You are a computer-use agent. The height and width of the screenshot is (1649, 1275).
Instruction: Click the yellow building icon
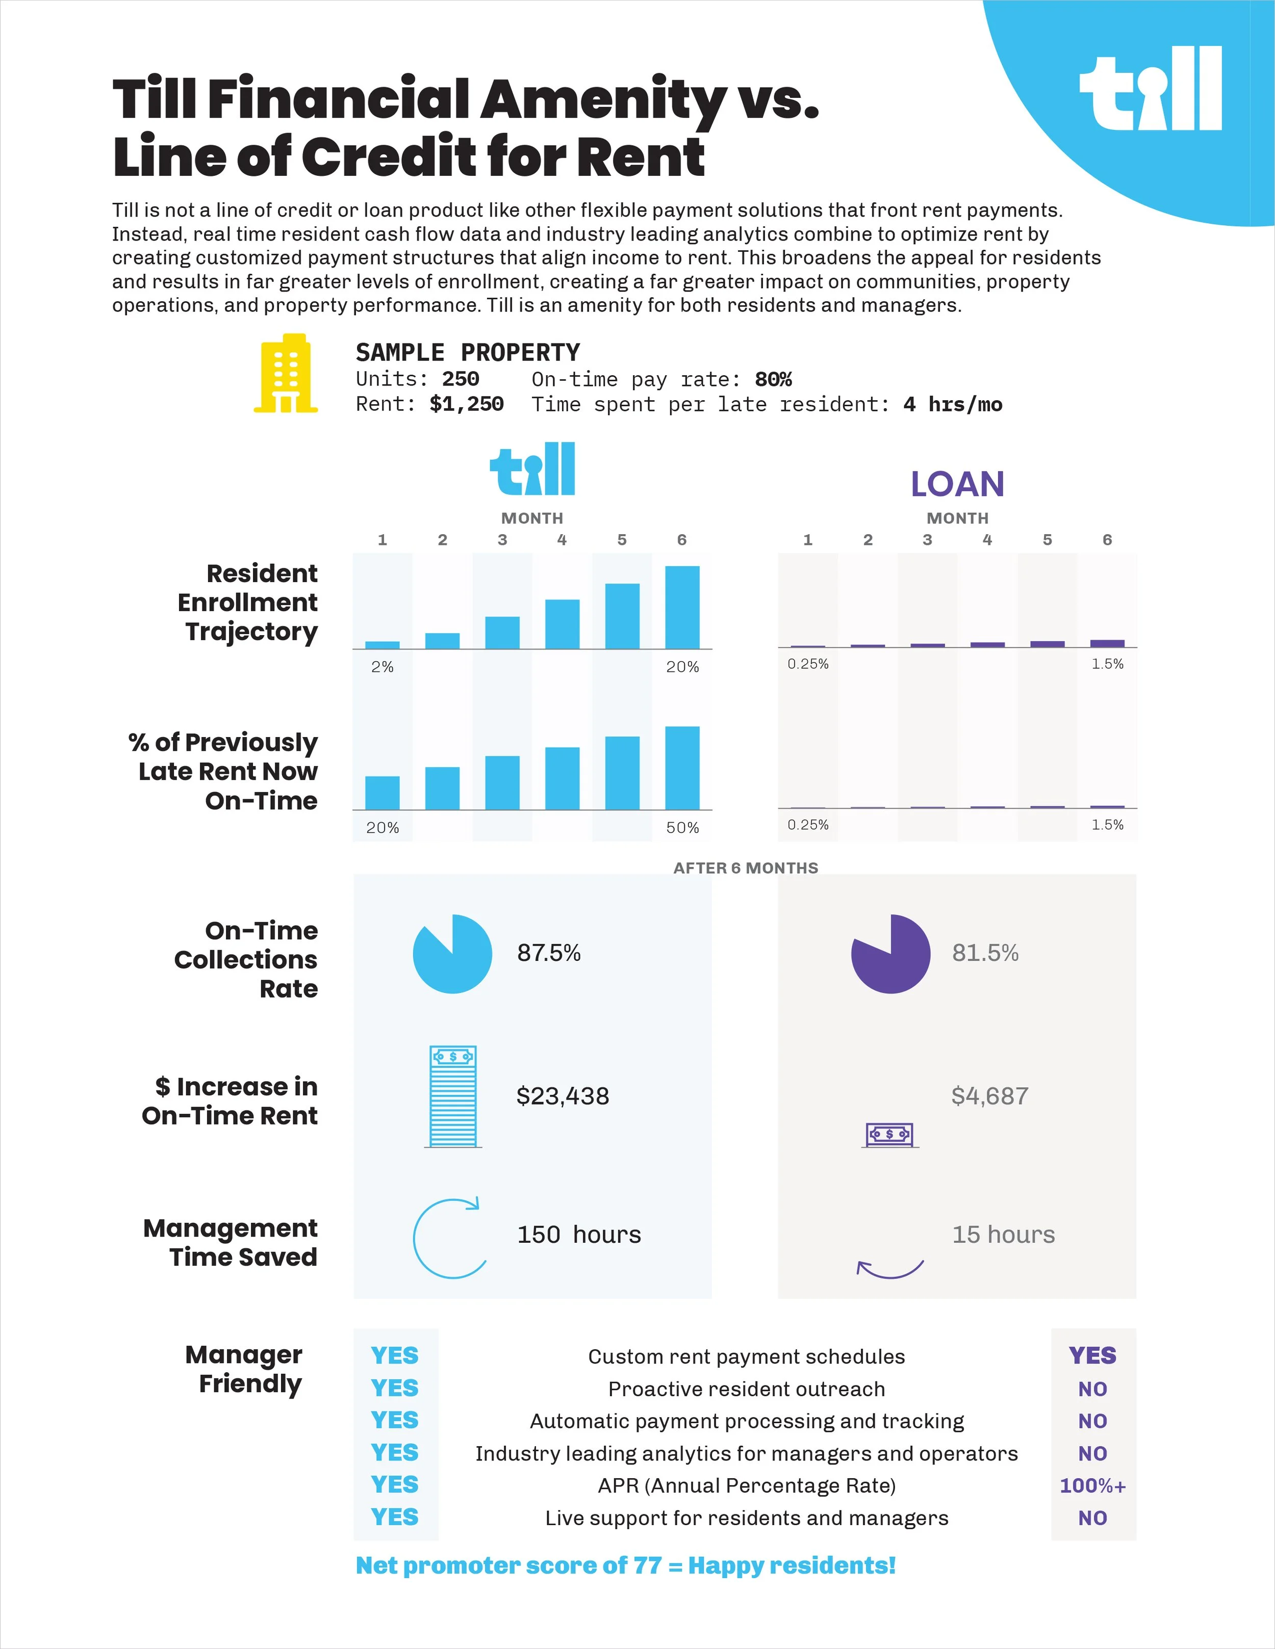(x=286, y=373)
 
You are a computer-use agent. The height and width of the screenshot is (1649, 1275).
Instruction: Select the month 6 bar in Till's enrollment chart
(x=682, y=607)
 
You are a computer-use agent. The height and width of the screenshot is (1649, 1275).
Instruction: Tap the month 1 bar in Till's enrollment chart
(x=382, y=645)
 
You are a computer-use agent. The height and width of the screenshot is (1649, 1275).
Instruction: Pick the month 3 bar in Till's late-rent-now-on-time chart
(x=502, y=782)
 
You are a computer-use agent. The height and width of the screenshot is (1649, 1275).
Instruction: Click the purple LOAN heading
(x=957, y=484)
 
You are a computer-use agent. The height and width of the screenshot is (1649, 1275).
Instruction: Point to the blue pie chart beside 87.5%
(x=452, y=954)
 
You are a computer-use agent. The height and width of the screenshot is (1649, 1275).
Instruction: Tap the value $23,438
(x=563, y=1095)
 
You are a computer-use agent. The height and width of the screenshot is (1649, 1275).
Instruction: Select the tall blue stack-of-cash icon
(x=452, y=1096)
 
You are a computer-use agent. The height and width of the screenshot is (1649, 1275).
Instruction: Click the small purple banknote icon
(x=890, y=1134)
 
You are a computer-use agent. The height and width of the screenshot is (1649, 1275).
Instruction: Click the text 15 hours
(x=1003, y=1235)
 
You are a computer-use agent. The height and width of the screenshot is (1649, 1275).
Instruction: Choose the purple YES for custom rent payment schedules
(x=1092, y=1355)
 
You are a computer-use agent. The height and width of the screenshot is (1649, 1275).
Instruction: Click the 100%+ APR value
(x=1093, y=1485)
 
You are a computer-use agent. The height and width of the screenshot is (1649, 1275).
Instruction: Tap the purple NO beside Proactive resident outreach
(x=1092, y=1389)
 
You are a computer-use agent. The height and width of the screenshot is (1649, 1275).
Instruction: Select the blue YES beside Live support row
(x=394, y=1517)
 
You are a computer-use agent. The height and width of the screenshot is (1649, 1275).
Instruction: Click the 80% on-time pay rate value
(x=774, y=379)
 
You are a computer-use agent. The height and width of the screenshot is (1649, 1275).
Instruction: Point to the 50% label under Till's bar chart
(x=682, y=827)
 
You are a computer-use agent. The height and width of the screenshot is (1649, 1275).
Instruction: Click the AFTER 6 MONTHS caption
(x=746, y=868)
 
